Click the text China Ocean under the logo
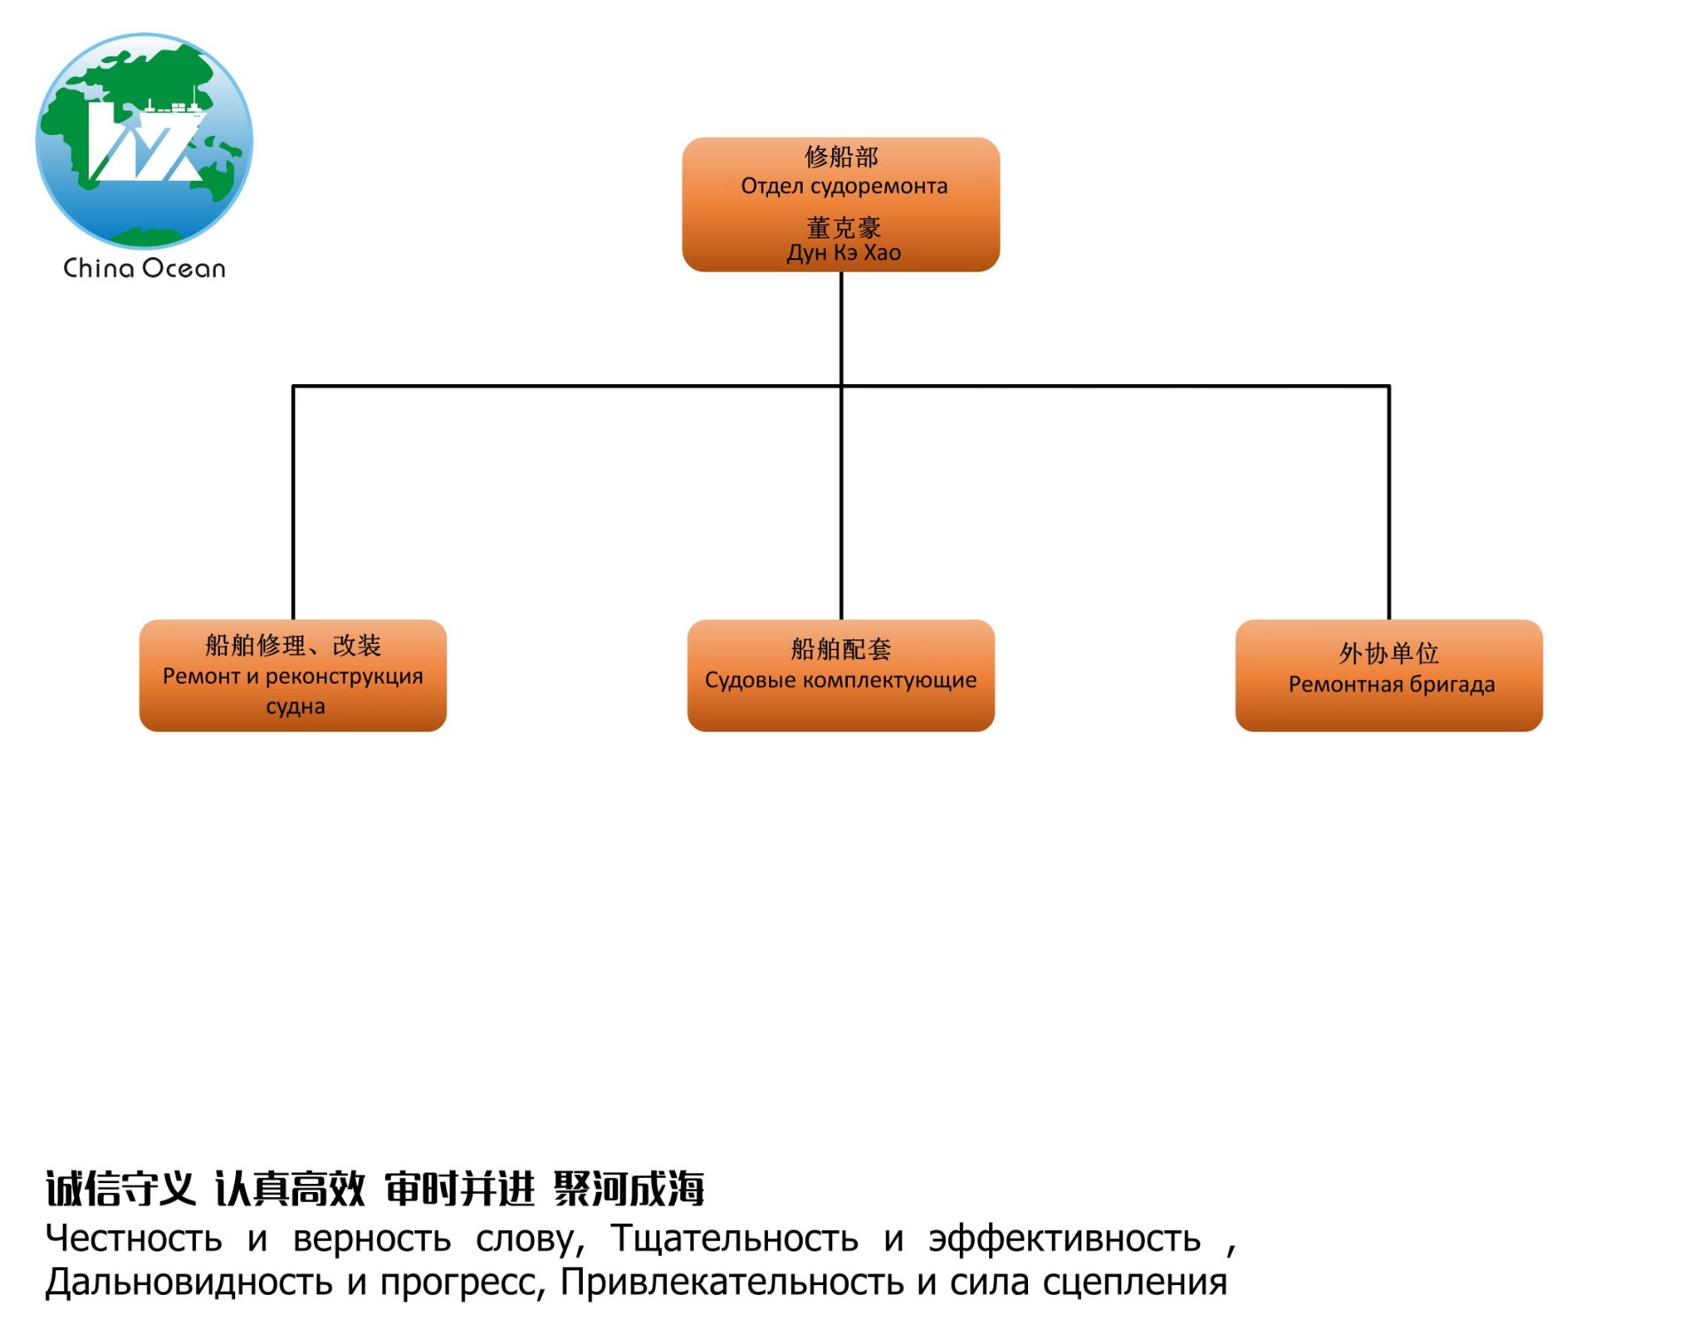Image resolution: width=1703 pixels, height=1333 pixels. click(x=145, y=268)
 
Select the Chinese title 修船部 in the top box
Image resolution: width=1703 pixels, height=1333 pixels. click(x=841, y=157)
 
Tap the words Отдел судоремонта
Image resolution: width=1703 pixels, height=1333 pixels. click(x=844, y=186)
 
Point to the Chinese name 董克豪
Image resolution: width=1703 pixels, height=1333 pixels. click(x=844, y=227)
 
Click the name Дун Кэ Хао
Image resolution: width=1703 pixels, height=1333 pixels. click(x=844, y=253)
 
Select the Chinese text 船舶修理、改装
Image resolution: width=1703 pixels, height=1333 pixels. click(x=293, y=645)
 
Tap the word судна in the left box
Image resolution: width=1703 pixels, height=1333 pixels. click(x=295, y=707)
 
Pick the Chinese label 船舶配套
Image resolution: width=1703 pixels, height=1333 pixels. click(x=841, y=649)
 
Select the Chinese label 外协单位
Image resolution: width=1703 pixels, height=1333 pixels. click(x=1389, y=654)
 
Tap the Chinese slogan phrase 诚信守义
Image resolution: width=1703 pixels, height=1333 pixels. click(x=121, y=1188)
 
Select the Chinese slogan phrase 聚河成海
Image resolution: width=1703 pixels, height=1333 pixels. click(x=629, y=1188)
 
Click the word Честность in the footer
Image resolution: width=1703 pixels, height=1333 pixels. click(x=134, y=1239)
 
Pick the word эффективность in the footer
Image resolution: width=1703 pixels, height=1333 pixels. click(x=1064, y=1239)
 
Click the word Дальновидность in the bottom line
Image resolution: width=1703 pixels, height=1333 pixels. click(x=189, y=1282)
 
